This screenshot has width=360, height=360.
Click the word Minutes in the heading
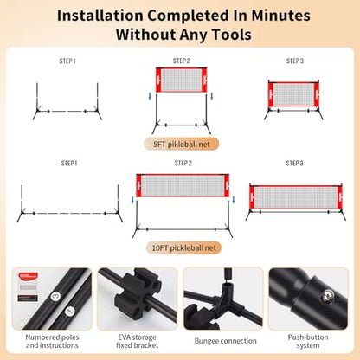click(x=280, y=16)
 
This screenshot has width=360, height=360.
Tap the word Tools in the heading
click(x=232, y=35)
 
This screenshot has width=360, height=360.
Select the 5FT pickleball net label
click(x=182, y=144)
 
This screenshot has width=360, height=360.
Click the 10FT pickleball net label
click(x=183, y=247)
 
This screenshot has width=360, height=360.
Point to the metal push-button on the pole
click(x=328, y=296)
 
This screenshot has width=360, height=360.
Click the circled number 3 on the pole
click(x=55, y=296)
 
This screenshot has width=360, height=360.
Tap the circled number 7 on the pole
click(x=69, y=312)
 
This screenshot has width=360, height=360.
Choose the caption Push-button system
click(x=308, y=341)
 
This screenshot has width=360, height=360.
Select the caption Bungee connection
click(x=225, y=341)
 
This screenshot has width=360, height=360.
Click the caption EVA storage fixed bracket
click(x=138, y=341)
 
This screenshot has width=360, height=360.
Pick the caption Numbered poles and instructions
click(x=52, y=341)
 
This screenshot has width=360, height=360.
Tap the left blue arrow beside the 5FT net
click(x=150, y=96)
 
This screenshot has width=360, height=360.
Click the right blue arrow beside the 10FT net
click(x=234, y=200)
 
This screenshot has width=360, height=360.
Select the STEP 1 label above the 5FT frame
click(x=67, y=61)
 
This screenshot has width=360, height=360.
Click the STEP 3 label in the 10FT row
click(x=294, y=164)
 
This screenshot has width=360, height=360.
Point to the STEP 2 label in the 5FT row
click(x=182, y=61)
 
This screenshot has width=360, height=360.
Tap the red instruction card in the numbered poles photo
click(x=28, y=276)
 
